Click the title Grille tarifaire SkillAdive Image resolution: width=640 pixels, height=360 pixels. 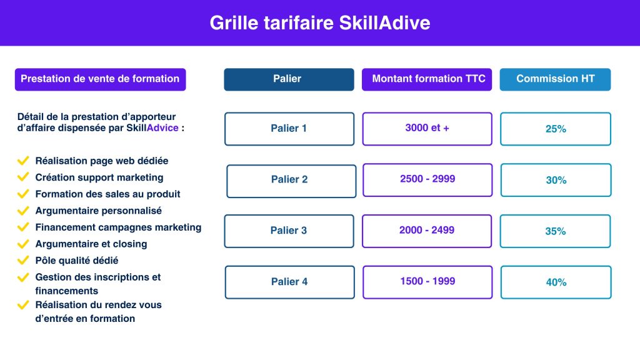[320, 23]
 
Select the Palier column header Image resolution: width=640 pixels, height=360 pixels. [289, 79]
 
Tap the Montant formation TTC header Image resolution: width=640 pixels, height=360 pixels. [427, 79]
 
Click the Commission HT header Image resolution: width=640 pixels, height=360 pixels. [555, 79]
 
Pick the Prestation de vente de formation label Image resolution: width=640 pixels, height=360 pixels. [101, 79]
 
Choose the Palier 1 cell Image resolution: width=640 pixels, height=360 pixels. [289, 129]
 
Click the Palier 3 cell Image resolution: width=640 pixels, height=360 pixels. [289, 231]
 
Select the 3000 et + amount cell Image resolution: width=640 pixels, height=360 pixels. [427, 129]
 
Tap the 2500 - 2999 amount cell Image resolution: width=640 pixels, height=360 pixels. [427, 180]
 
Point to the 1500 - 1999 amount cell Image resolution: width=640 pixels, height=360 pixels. [427, 282]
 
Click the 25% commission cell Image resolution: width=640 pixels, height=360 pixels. [556, 129]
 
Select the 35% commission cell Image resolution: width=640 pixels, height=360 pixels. [555, 231]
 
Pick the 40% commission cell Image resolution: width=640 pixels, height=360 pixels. [556, 282]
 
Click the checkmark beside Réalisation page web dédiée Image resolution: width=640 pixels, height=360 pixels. [23, 161]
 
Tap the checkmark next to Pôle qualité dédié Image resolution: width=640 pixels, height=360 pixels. [23, 260]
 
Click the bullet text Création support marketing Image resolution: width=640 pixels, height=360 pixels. [99, 177]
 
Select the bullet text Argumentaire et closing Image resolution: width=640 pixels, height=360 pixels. [91, 244]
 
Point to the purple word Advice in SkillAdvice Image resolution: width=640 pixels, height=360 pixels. [162, 127]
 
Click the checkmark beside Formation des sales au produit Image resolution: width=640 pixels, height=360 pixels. [23, 194]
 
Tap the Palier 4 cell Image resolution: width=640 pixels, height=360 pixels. [290, 282]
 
